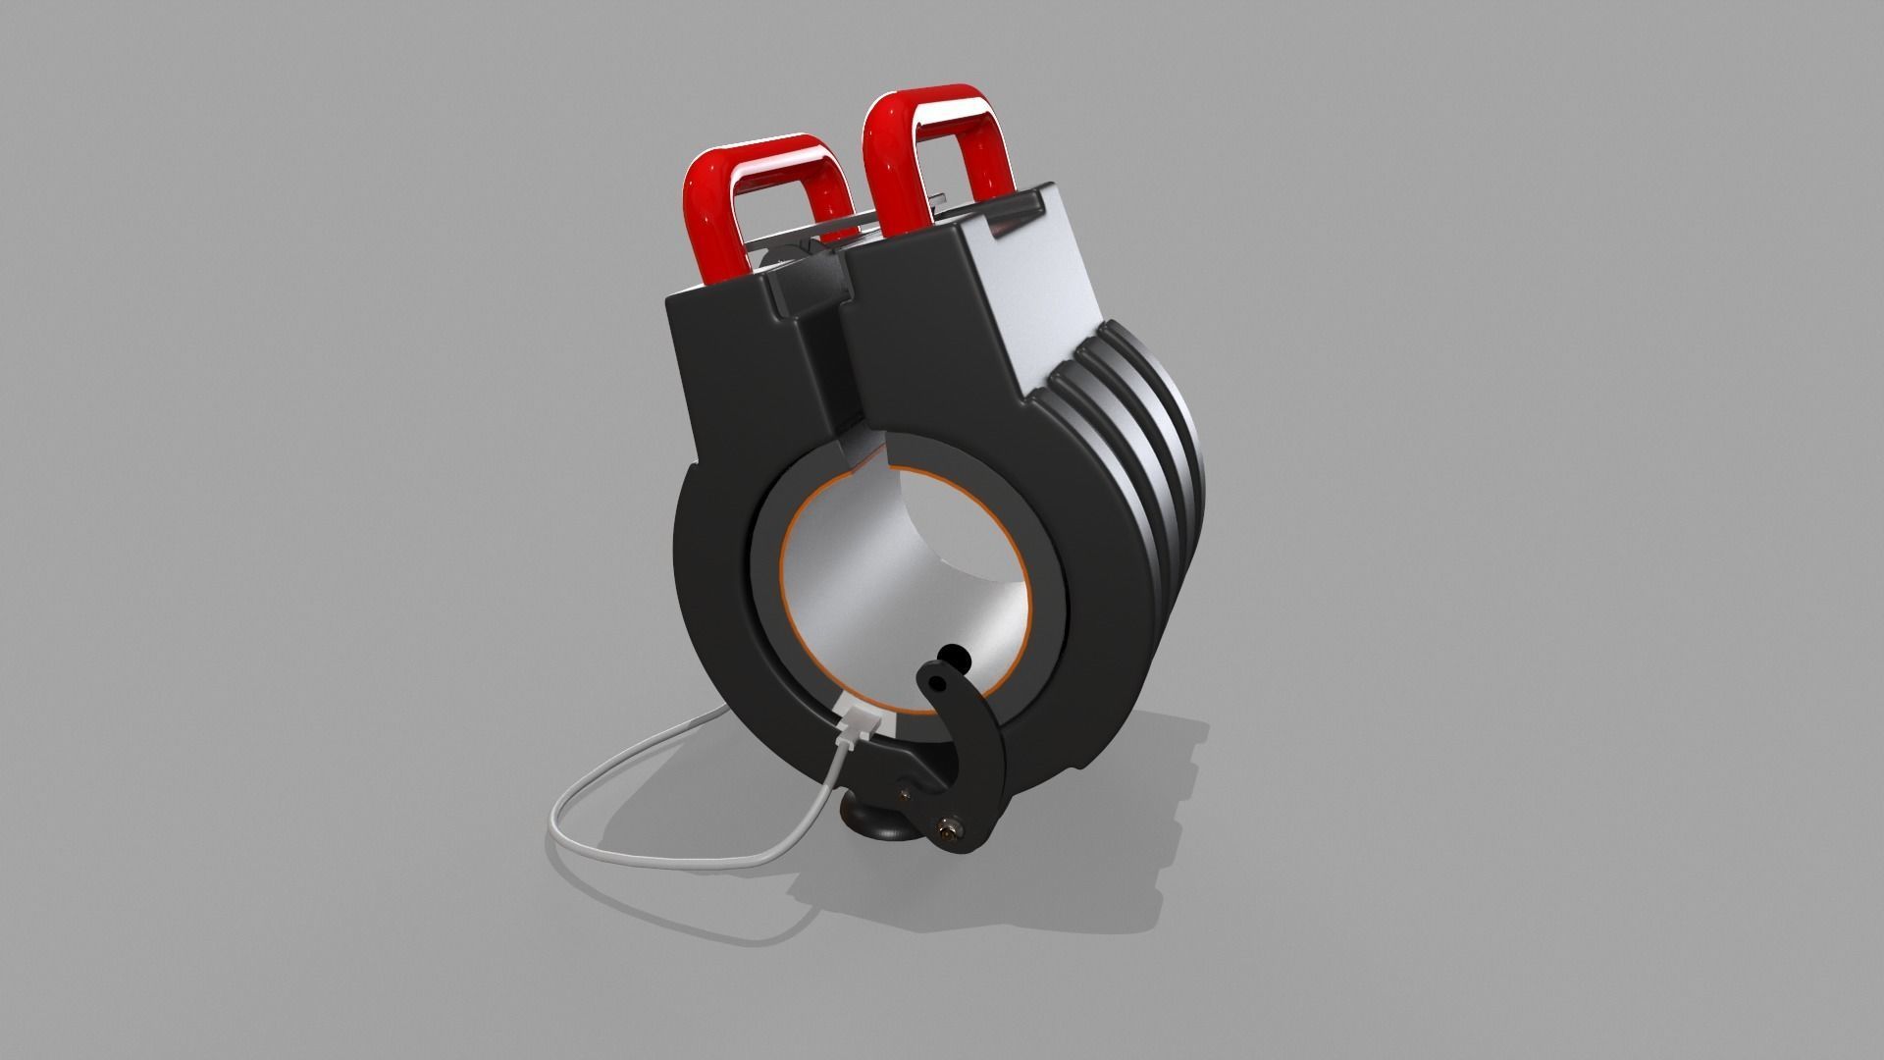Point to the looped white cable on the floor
589,785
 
